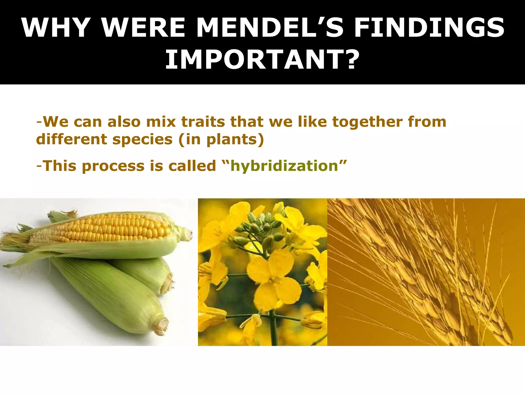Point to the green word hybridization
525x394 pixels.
pos(284,166)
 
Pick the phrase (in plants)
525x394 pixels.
pos(221,140)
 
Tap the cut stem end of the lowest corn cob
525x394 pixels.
pos(161,326)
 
